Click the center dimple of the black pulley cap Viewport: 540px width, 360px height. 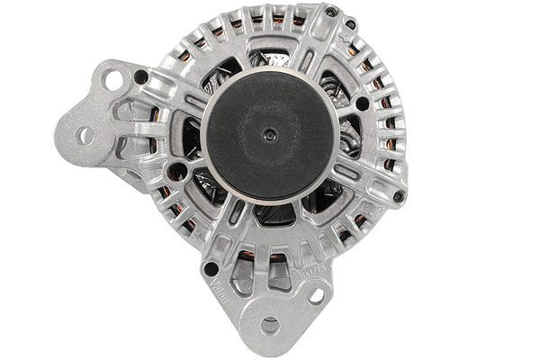coord(269,134)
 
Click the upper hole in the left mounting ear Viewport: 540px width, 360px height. coord(113,79)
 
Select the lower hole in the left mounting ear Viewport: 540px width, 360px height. coord(85,136)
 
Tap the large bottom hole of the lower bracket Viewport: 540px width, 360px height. coord(270,326)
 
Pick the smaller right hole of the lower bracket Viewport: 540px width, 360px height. coord(316,294)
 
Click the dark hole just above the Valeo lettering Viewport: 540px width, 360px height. coord(211,268)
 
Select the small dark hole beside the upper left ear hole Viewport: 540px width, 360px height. coord(141,77)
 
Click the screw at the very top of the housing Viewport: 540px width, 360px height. coord(331,12)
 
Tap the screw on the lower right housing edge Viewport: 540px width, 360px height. coord(398,196)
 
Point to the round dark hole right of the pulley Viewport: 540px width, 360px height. coord(362,103)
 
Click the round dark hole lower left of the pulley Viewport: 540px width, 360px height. coord(178,170)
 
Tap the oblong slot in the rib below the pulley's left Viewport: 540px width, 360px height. coord(237,212)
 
